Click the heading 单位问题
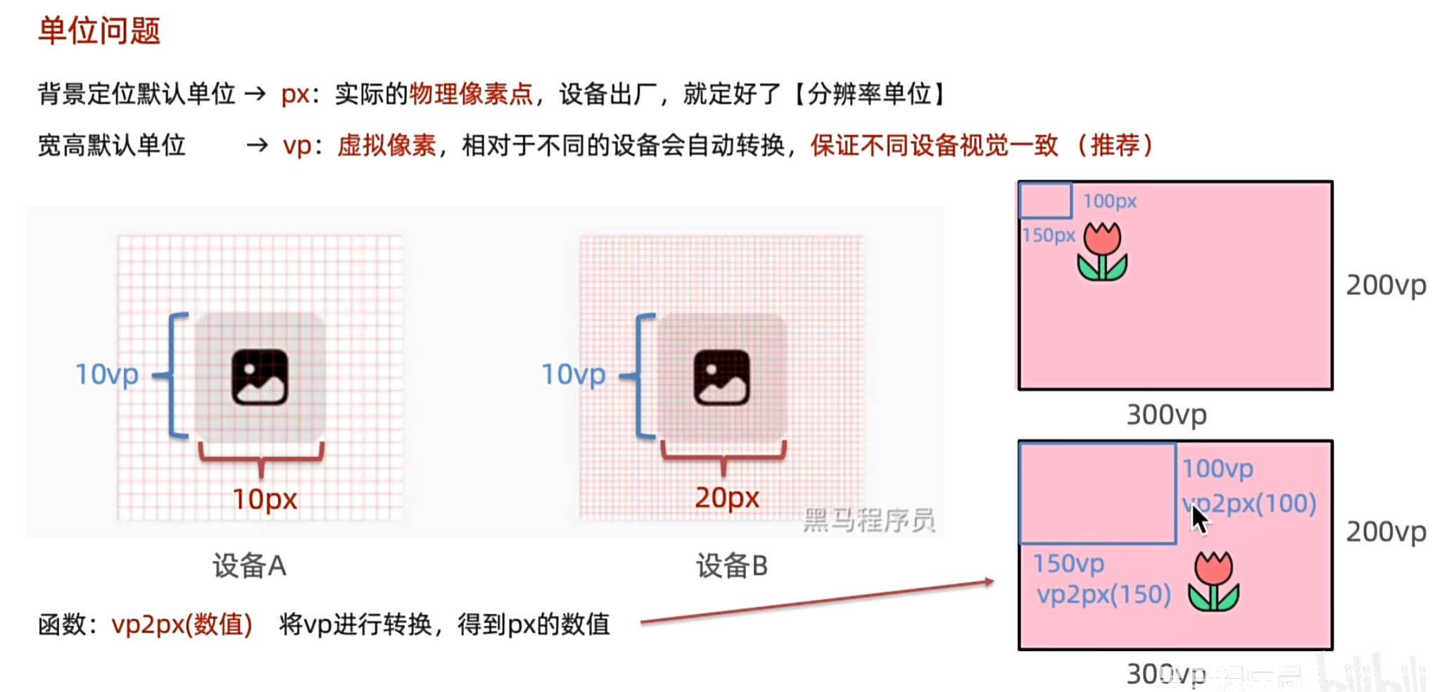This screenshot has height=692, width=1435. point(99,31)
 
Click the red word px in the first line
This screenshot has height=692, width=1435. point(296,94)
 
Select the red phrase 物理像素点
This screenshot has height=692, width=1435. point(471,94)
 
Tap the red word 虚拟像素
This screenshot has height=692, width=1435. point(386,146)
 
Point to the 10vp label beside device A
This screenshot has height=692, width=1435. point(106,374)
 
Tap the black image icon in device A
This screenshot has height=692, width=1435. point(260,377)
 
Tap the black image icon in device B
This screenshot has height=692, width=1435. point(721,377)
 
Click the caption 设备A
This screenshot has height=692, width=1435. point(249,565)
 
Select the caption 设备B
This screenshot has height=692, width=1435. point(732,565)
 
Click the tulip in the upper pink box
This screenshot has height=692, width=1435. point(1102,251)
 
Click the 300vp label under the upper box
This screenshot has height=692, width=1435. point(1166,415)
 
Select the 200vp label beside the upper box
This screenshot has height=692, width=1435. point(1385,285)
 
